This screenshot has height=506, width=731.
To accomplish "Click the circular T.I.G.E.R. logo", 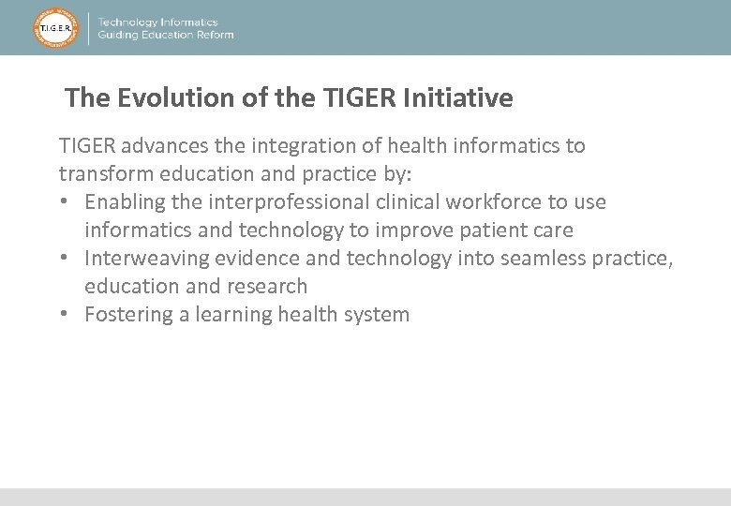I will tap(56, 28).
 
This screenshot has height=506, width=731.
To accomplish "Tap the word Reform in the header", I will tap(213, 36).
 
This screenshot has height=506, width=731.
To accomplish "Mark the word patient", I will tap(495, 231).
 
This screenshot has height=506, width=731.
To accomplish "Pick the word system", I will tap(379, 315).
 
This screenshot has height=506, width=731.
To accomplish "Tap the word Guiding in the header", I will tap(119, 36).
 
